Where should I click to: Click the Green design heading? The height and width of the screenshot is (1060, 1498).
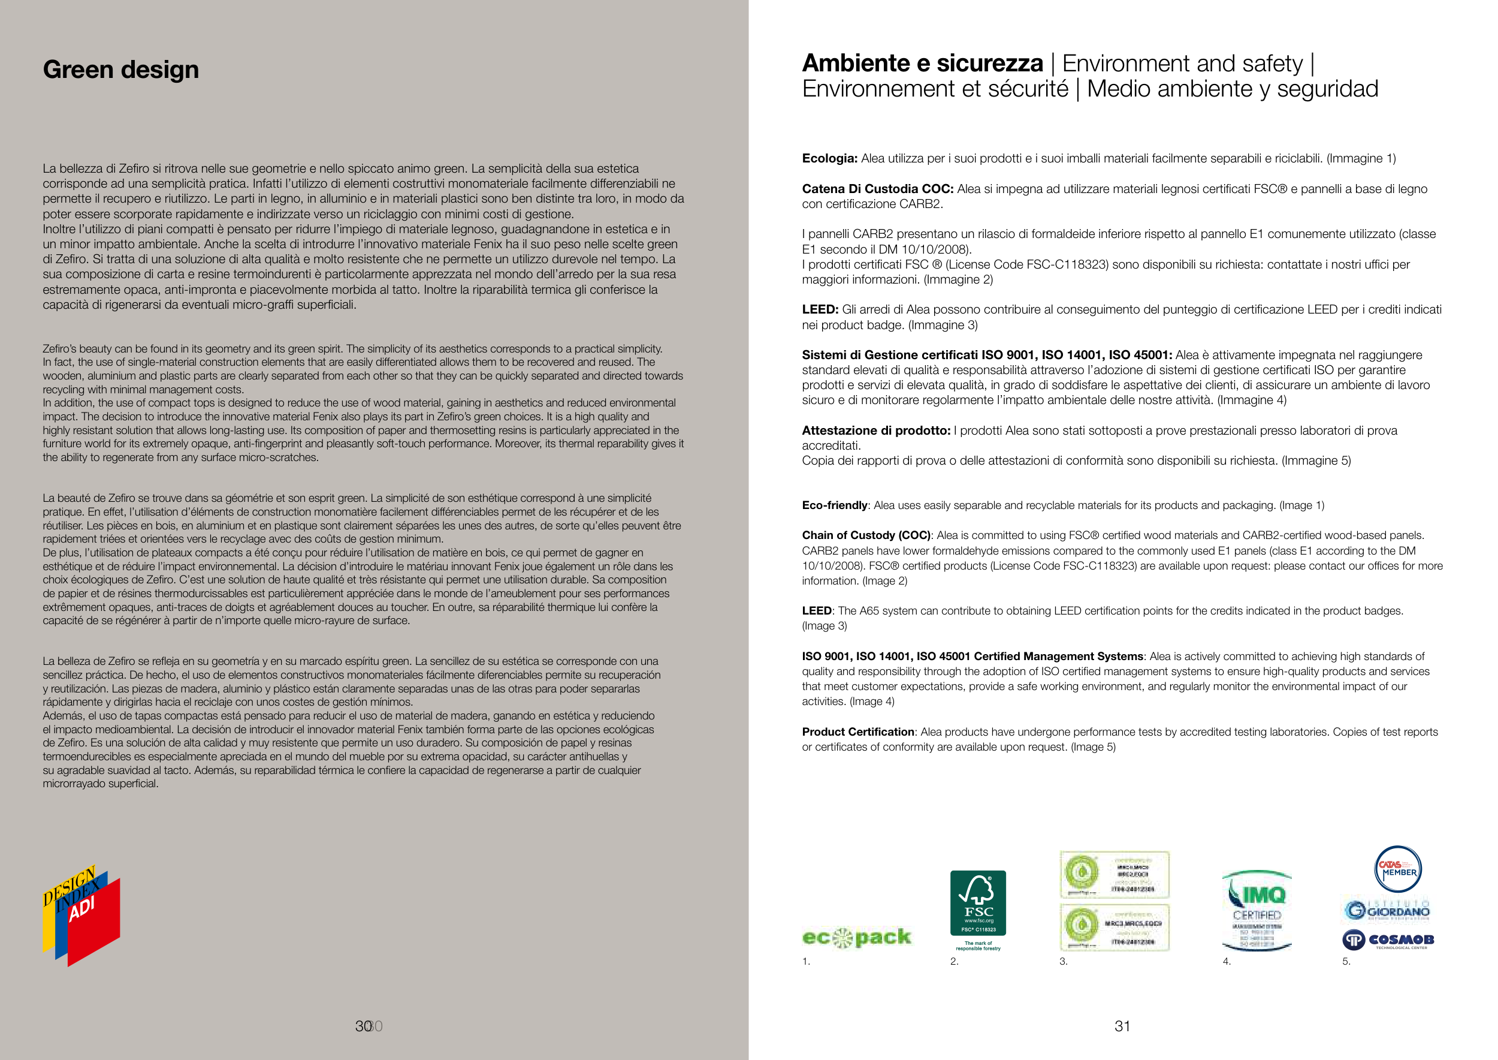[x=120, y=69]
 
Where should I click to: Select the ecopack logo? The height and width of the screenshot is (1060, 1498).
[x=856, y=937]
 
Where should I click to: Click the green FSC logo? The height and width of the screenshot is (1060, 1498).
[x=977, y=903]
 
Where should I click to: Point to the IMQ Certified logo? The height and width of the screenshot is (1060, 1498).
[x=1256, y=910]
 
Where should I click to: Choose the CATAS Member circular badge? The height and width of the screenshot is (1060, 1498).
[x=1397, y=869]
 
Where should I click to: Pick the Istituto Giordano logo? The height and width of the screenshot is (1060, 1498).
[x=1387, y=910]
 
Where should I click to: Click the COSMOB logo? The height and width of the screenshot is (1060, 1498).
[x=1388, y=939]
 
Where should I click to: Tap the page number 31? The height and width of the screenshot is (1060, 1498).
[x=1122, y=1026]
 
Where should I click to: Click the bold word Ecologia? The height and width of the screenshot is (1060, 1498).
[x=829, y=159]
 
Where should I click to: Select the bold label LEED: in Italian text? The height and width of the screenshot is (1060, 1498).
[x=820, y=309]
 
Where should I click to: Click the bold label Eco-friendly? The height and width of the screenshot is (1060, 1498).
[x=835, y=505]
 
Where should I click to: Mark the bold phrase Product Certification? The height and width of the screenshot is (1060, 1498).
[x=858, y=731]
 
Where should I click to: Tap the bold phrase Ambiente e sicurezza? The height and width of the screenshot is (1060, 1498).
[x=922, y=64]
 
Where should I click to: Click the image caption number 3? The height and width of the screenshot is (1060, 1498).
[x=1064, y=962]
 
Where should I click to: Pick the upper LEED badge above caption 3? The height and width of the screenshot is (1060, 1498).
[x=1115, y=875]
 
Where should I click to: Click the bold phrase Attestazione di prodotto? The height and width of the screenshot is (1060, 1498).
[x=875, y=430]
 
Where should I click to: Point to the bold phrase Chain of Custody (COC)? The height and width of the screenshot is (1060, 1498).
[x=866, y=535]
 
